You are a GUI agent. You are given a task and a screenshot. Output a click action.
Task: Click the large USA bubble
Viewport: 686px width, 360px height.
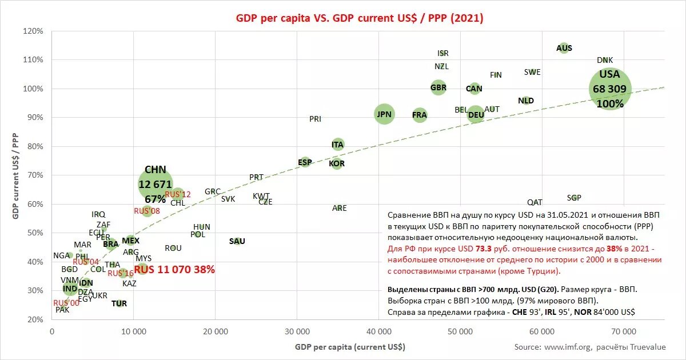(x=610, y=89)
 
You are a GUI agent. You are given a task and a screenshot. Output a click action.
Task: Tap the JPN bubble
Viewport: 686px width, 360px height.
(x=384, y=114)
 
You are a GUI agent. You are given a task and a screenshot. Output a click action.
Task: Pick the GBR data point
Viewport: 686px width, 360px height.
(x=438, y=88)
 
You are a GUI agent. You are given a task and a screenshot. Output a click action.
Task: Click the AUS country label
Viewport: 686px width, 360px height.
(x=564, y=48)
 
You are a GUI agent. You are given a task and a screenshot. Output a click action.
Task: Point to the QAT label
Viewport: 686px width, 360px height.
(x=535, y=202)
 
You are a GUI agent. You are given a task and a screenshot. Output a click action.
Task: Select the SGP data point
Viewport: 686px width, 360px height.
(x=574, y=198)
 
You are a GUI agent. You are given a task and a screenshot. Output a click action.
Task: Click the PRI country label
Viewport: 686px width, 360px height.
(x=315, y=119)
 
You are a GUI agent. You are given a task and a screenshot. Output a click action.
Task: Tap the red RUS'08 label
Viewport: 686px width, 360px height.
(x=147, y=211)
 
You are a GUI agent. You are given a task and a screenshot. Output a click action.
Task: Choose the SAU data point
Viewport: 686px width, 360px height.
(x=237, y=241)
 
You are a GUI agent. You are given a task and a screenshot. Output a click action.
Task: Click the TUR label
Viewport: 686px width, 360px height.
(x=119, y=303)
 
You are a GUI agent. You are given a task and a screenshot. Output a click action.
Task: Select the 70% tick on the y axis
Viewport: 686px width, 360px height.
(x=34, y=175)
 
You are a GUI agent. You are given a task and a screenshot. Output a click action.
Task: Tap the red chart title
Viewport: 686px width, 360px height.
(x=360, y=18)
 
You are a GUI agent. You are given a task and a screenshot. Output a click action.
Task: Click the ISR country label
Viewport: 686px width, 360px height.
(x=443, y=53)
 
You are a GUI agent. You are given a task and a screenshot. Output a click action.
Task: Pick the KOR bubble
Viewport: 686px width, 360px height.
(x=337, y=164)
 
